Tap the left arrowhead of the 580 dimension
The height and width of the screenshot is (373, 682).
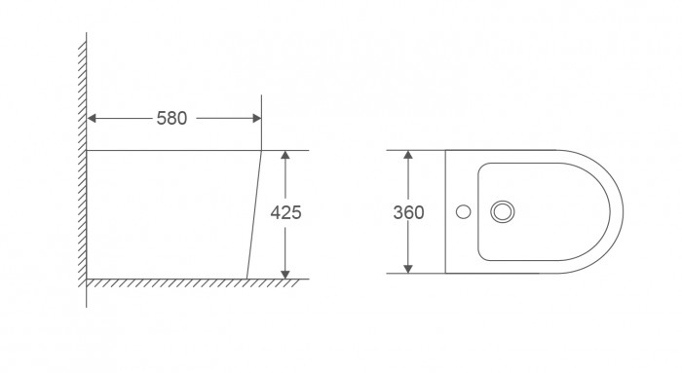[93, 119]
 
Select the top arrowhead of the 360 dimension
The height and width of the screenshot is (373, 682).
[409, 156]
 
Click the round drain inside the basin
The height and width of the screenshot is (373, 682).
[503, 210]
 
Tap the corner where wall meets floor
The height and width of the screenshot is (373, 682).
[87, 279]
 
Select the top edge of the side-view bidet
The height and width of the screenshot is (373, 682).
[175, 150]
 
